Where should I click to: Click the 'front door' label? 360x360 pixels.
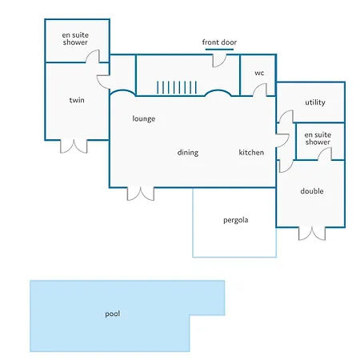pyautogui.click(x=219, y=42)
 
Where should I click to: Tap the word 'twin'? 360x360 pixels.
pyautogui.click(x=77, y=100)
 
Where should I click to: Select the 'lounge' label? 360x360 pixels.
pyautogui.click(x=144, y=118)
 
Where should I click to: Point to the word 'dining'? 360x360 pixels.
pyautogui.click(x=188, y=153)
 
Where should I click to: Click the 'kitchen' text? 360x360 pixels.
pyautogui.click(x=251, y=152)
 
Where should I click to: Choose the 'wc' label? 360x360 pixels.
pyautogui.click(x=259, y=73)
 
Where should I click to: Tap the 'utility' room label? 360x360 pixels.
pyautogui.click(x=315, y=102)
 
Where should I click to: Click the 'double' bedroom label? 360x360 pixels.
pyautogui.click(x=312, y=191)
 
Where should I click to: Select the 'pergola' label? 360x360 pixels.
pyautogui.click(x=236, y=220)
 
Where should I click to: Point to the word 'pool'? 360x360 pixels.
pyautogui.click(x=112, y=314)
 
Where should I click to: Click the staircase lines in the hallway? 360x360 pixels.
pyautogui.click(x=177, y=87)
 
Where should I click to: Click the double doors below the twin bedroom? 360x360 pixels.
pyautogui.click(x=74, y=146)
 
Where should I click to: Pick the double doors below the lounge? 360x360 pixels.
pyautogui.click(x=141, y=194)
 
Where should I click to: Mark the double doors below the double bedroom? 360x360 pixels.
pyautogui.click(x=312, y=234)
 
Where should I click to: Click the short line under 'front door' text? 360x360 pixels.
pyautogui.click(x=219, y=50)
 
